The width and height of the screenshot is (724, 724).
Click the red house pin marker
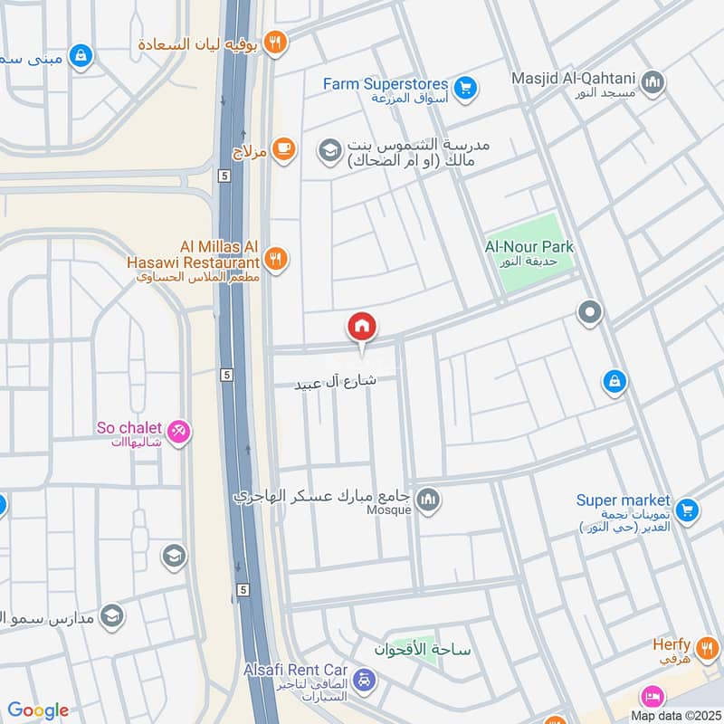(362, 328)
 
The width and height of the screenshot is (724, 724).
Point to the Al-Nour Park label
(529, 247)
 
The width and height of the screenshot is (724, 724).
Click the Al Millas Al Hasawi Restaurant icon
(277, 260)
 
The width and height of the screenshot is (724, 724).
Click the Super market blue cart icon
(686, 511)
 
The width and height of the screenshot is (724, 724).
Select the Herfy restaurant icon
(707, 646)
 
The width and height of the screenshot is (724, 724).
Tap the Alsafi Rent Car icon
(364, 679)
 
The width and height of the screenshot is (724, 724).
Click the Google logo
(38, 710)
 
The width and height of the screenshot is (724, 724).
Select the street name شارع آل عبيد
(335, 383)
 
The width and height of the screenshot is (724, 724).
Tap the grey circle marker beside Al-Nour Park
(590, 312)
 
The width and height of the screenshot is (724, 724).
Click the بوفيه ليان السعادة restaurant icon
(276, 41)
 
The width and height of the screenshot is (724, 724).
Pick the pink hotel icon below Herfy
(651, 697)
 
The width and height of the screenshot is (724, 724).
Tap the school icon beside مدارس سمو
(111, 616)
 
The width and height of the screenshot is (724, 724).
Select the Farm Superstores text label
(386, 84)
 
